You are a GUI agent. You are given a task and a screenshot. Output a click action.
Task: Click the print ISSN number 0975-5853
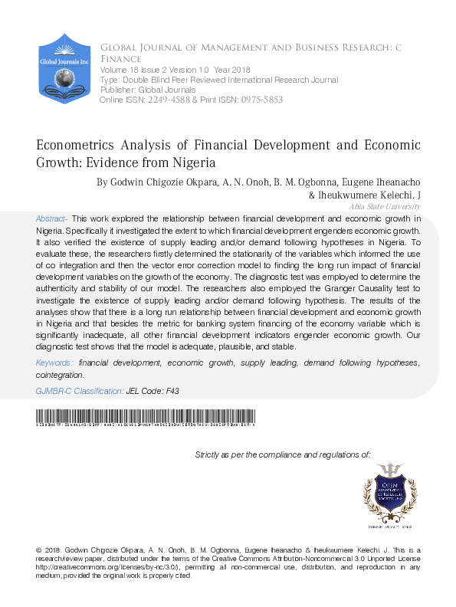tap(261, 100)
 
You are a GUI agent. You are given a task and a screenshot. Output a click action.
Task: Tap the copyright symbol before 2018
tap(39, 551)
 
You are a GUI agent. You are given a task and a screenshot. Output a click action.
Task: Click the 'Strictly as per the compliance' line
tap(283, 454)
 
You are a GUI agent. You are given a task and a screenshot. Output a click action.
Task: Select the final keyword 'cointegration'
tap(60, 375)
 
